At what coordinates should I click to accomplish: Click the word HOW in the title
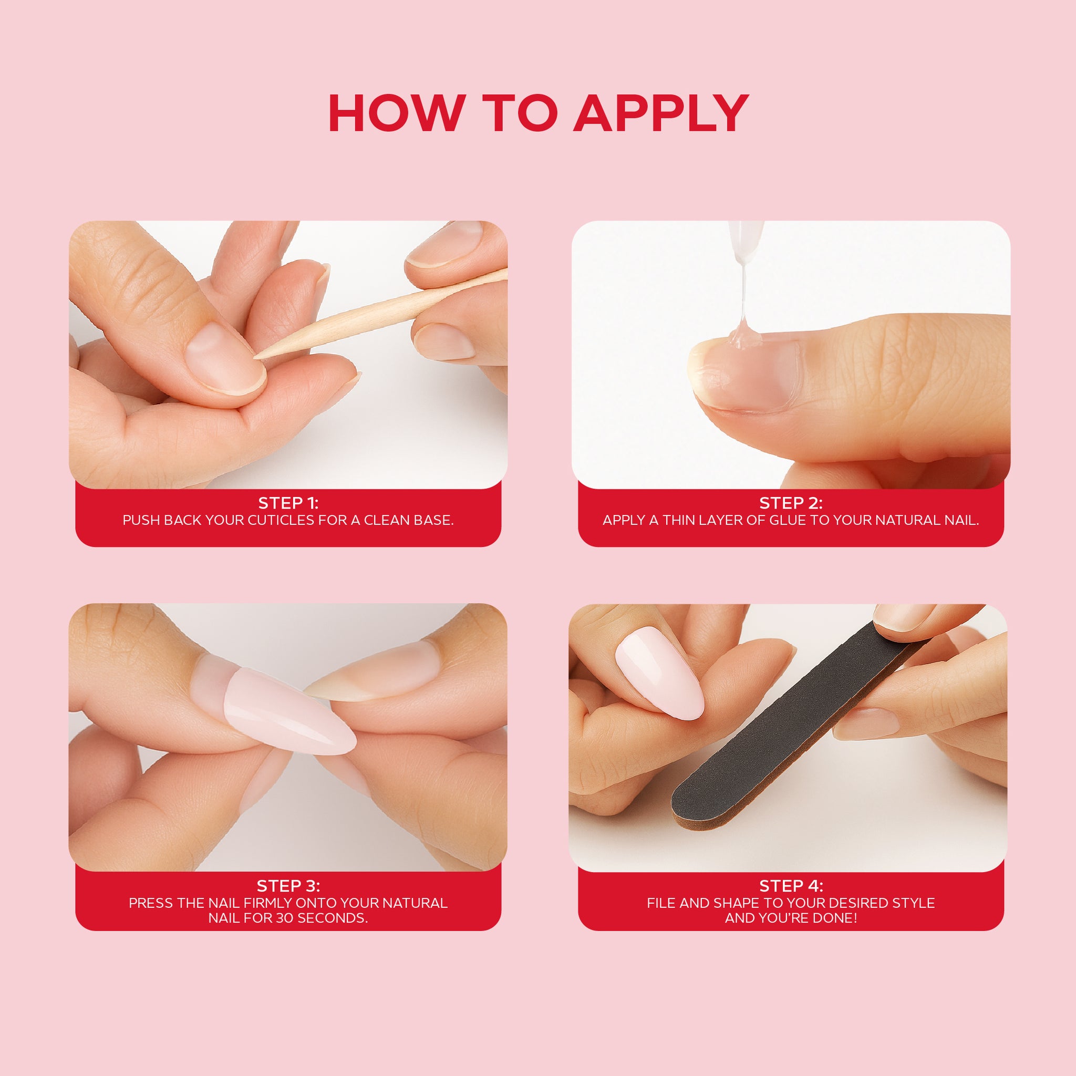[x=397, y=113]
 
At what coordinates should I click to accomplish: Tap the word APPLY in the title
[x=661, y=113]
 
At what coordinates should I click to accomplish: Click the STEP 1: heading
[x=288, y=503]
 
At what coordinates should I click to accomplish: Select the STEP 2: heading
[x=791, y=503]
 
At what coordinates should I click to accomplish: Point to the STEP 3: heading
[x=288, y=885]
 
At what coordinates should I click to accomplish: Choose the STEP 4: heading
[x=791, y=885]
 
